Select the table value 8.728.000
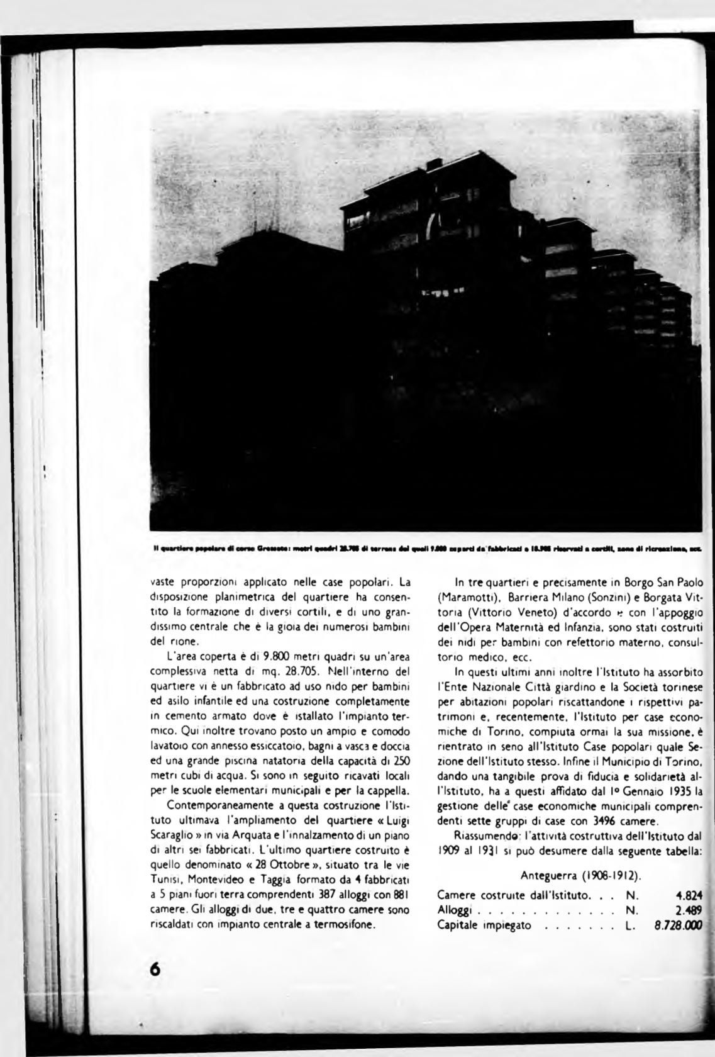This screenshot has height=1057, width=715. [x=675, y=926]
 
